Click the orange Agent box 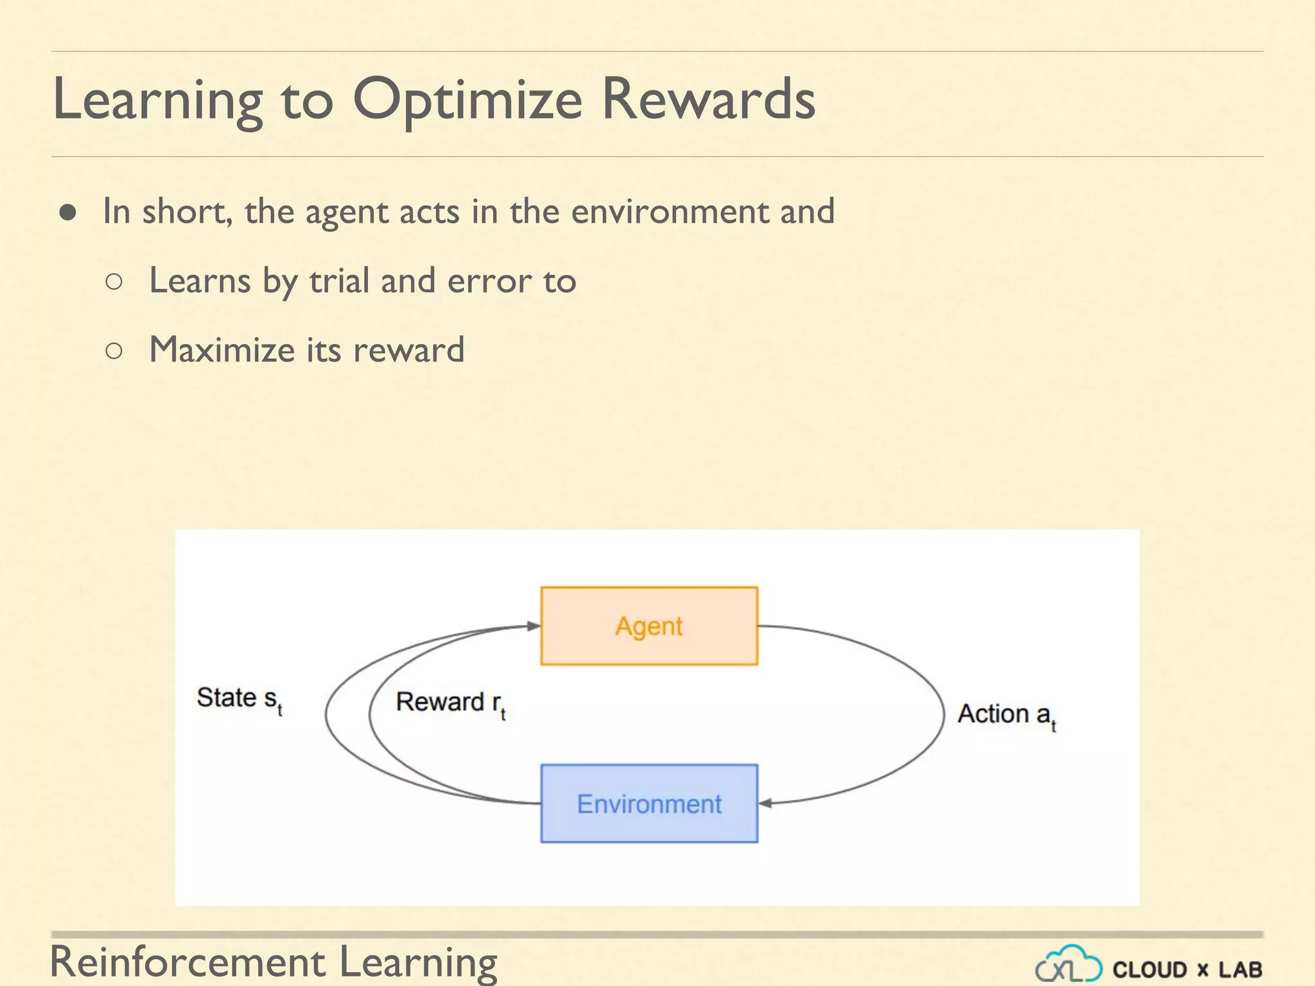click(x=649, y=626)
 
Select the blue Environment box click(x=649, y=803)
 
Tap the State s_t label click(x=239, y=699)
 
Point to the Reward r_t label click(x=450, y=703)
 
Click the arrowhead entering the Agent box click(x=533, y=626)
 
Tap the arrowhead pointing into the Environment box click(x=765, y=803)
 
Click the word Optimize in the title click(x=467, y=100)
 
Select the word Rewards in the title click(x=708, y=100)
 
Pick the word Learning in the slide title click(x=157, y=100)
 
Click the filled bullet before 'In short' click(x=68, y=212)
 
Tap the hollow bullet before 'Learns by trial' click(x=114, y=281)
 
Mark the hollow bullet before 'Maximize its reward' click(x=114, y=350)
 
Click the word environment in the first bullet click(x=670, y=212)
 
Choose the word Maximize click(x=222, y=350)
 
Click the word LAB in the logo click(x=1240, y=969)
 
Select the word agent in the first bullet click(x=346, y=212)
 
